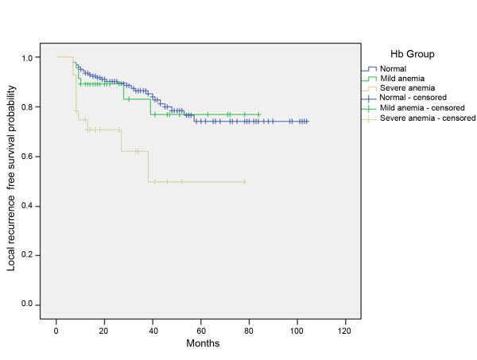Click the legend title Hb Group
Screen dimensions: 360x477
(411, 54)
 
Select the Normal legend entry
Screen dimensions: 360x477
(392, 69)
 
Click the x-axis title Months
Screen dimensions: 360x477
(203, 344)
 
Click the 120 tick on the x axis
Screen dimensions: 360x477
(345, 328)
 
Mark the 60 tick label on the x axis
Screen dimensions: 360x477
(200, 328)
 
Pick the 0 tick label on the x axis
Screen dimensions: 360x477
(56, 328)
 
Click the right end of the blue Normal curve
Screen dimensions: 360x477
(308, 122)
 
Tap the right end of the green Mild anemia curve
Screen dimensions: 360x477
(259, 114)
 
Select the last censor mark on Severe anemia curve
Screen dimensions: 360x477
(245, 182)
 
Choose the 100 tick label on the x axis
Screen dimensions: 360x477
(297, 328)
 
